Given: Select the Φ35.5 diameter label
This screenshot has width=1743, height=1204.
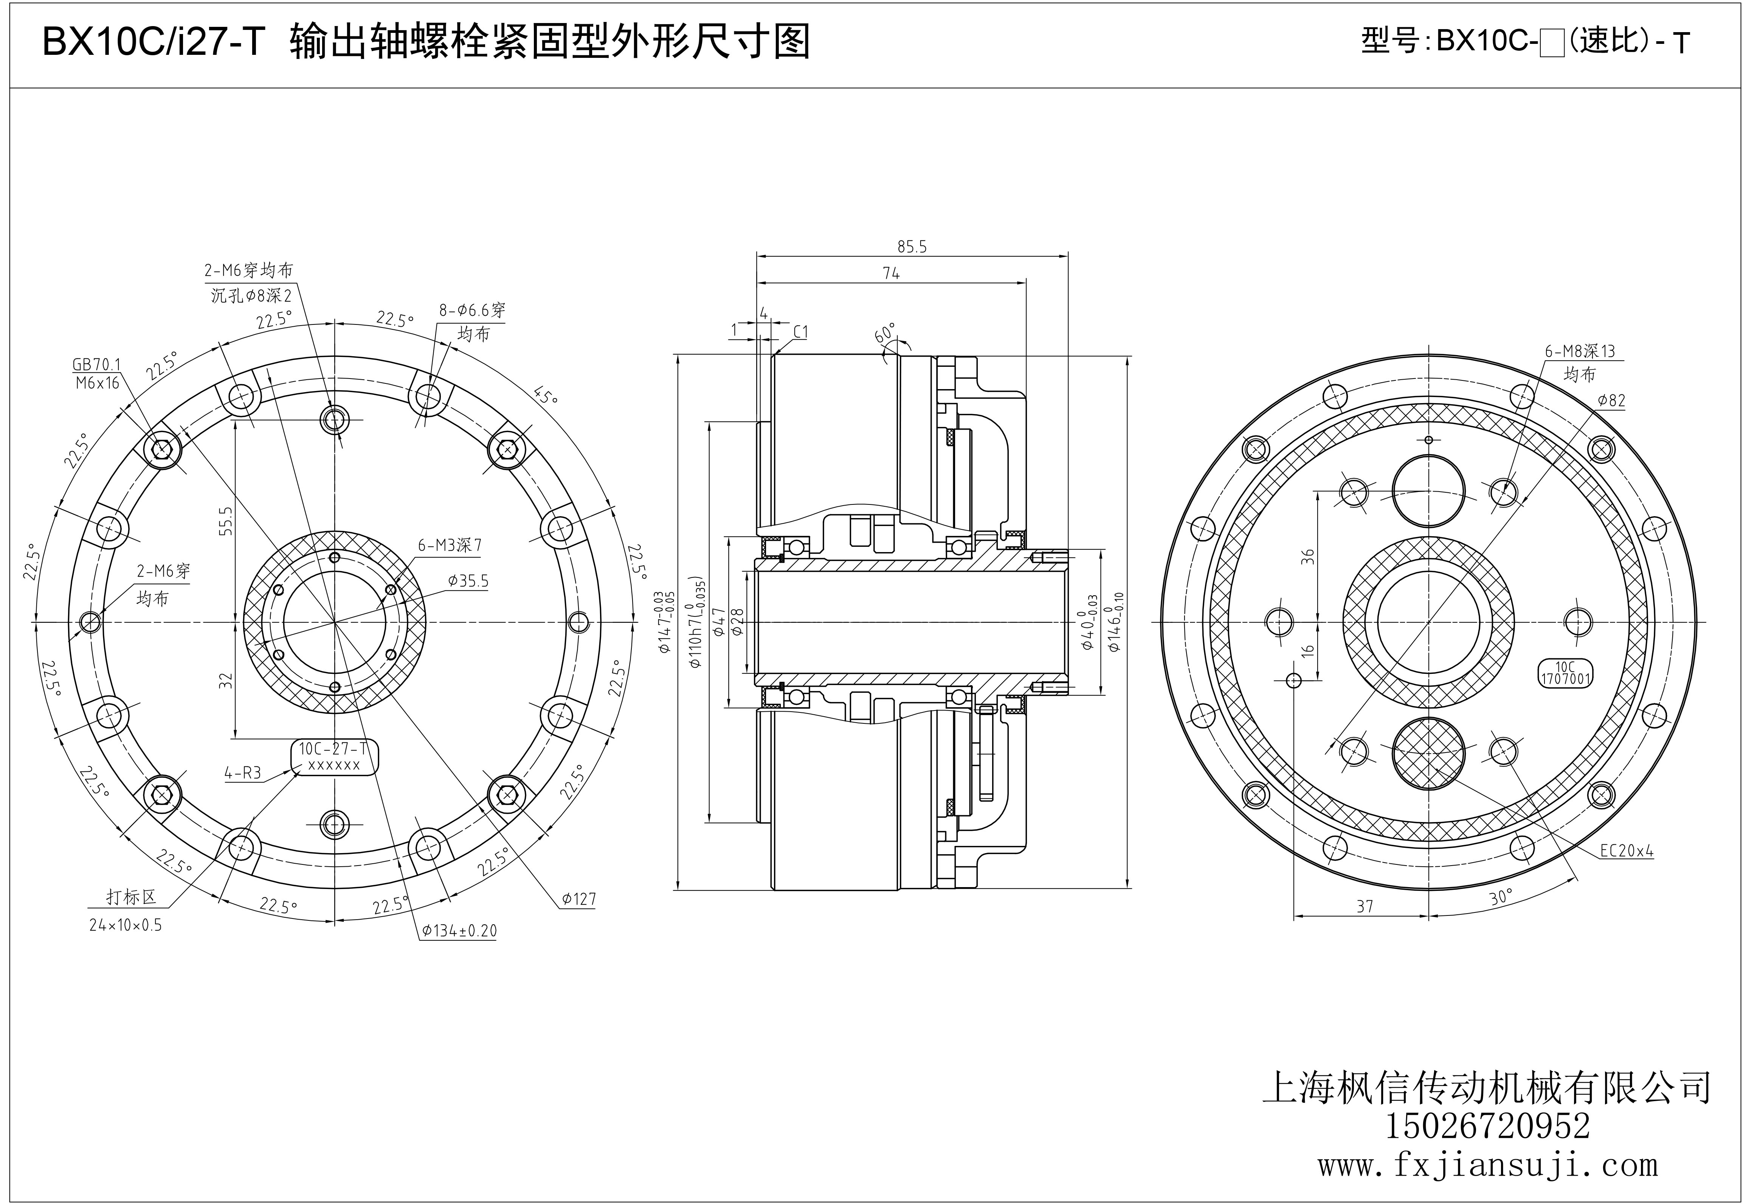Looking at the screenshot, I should coord(468,581).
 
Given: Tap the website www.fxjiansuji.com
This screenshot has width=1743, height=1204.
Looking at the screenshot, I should coord(1487,1165).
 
